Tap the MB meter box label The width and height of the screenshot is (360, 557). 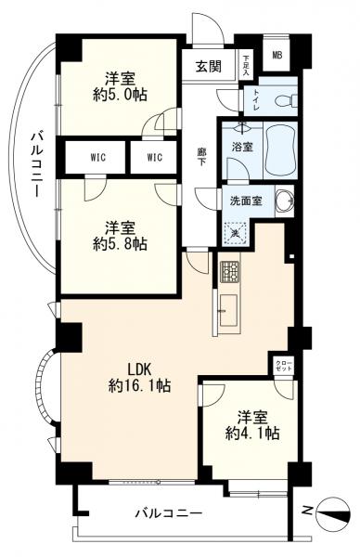click(276, 55)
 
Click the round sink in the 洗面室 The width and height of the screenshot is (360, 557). click(283, 201)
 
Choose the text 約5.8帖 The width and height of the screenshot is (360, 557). click(118, 244)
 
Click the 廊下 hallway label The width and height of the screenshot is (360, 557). click(200, 156)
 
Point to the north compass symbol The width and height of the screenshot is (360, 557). click(332, 510)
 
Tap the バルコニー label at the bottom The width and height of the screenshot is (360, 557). click(168, 512)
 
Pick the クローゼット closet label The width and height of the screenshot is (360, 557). click(282, 367)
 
